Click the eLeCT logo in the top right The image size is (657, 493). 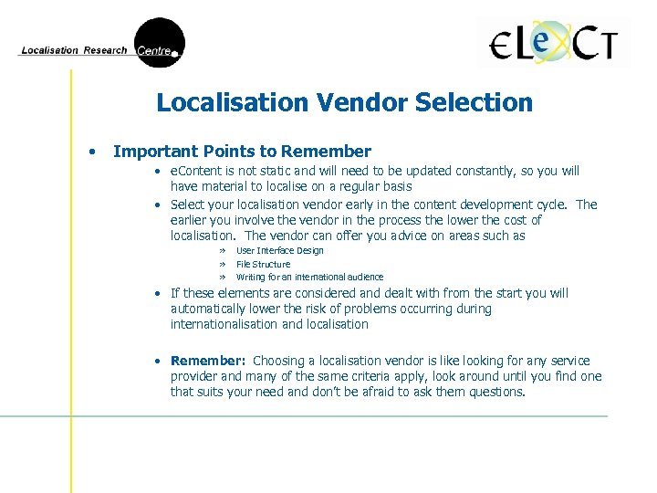[x=554, y=44]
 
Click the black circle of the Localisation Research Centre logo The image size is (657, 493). [x=160, y=43]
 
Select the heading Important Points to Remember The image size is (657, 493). [x=242, y=152]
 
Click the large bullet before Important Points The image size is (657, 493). [x=92, y=152]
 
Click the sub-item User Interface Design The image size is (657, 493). [x=279, y=250]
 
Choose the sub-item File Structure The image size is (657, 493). [x=263, y=264]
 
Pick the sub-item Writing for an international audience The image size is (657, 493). [x=309, y=277]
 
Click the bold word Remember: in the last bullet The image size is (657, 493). [x=208, y=361]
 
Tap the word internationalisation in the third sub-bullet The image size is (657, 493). [x=224, y=324]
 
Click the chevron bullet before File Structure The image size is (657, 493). [x=221, y=264]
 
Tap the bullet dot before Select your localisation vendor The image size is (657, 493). [x=158, y=205]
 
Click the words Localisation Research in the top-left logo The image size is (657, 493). [x=74, y=50]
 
